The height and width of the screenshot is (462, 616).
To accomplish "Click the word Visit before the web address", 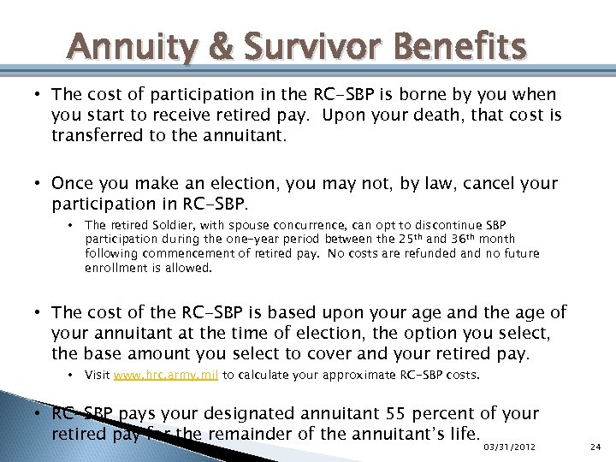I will point(97,375).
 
